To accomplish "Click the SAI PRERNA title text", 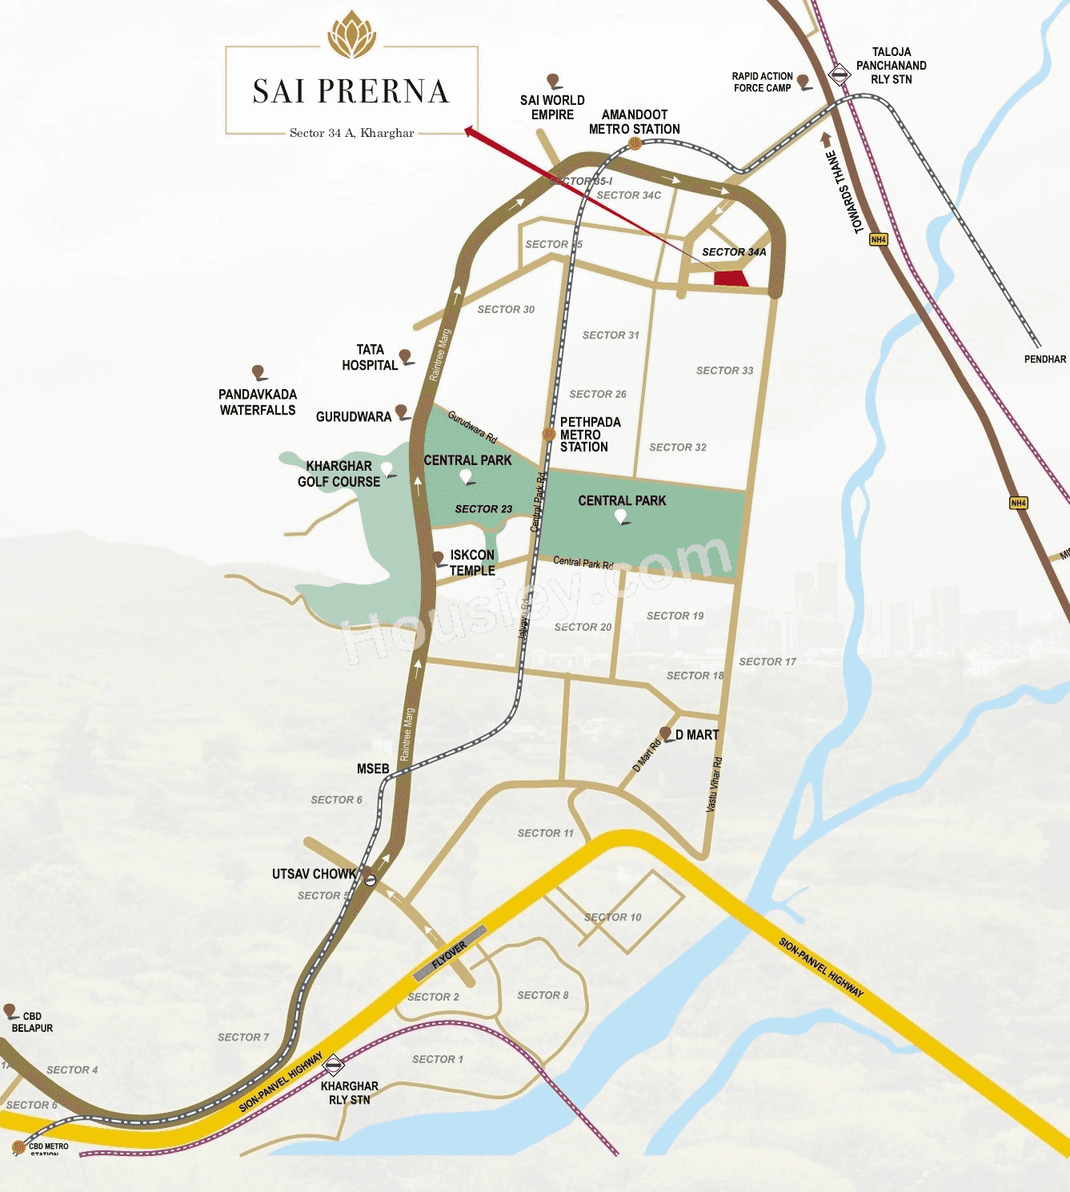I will coord(351,91).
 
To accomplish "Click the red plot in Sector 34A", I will coord(730,279).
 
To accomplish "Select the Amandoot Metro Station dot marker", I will coord(635,143).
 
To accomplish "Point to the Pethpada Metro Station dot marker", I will coord(549,434).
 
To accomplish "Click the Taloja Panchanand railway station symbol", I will coord(839,75).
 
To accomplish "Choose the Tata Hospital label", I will coord(370,358).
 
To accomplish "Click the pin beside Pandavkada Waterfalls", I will coord(258,372).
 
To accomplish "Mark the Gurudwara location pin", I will coord(402,411).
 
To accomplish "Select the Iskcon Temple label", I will coord(472,563).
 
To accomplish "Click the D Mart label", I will coord(697,735).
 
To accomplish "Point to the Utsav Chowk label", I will coord(314,874).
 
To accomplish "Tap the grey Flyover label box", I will coord(450,954).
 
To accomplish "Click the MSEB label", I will coord(373,769).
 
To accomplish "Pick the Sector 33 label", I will coord(724,371).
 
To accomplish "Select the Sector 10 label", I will coord(612,917).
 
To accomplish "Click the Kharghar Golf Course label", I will coord(339,474).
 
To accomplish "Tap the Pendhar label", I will coord(1045,359).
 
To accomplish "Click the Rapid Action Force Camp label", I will coord(762,82).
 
